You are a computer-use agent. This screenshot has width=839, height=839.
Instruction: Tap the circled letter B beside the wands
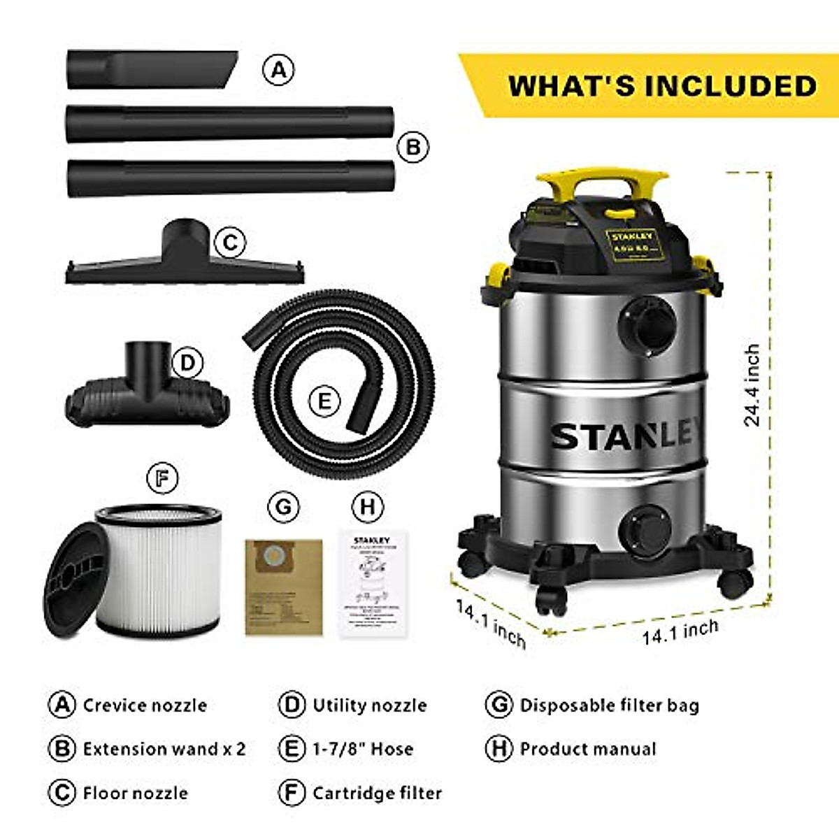click(x=413, y=148)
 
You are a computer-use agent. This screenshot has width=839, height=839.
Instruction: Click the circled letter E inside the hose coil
click(x=324, y=401)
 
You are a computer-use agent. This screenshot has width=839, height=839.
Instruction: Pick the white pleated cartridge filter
click(x=159, y=569)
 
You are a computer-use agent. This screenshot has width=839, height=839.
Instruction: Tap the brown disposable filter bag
click(x=284, y=587)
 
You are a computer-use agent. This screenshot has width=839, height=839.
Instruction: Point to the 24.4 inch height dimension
click(x=752, y=385)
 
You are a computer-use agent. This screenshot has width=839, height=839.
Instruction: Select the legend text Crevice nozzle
click(x=145, y=705)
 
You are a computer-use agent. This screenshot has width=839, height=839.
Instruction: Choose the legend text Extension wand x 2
click(x=164, y=749)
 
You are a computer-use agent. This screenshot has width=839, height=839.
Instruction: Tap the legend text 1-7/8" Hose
click(x=362, y=749)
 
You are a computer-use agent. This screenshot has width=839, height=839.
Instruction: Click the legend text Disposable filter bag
click(x=609, y=705)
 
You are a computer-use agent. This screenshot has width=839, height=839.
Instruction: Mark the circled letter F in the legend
click(x=292, y=793)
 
